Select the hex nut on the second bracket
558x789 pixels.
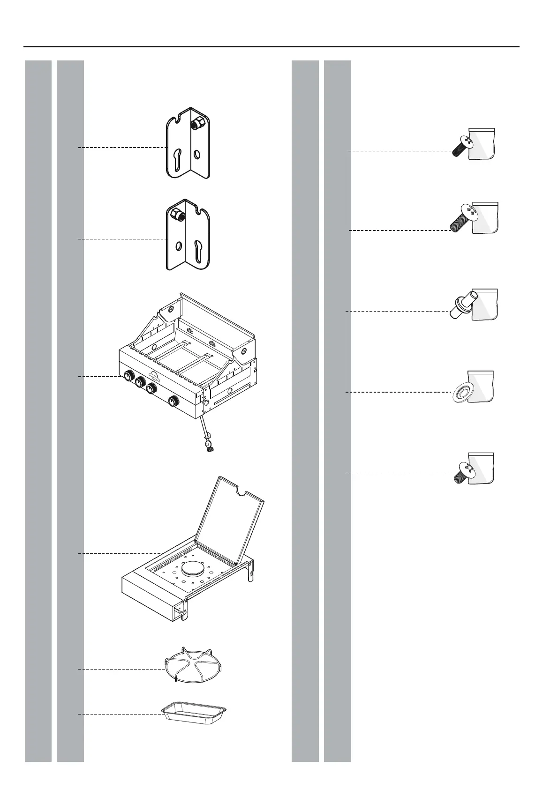point(178,216)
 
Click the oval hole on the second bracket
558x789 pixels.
point(178,246)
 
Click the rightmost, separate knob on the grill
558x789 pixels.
point(173,401)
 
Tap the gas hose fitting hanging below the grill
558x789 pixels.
point(207,444)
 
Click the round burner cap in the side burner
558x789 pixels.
point(193,570)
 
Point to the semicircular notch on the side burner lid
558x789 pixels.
point(243,492)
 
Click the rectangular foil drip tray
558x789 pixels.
point(194,712)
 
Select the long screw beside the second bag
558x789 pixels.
point(462,219)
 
